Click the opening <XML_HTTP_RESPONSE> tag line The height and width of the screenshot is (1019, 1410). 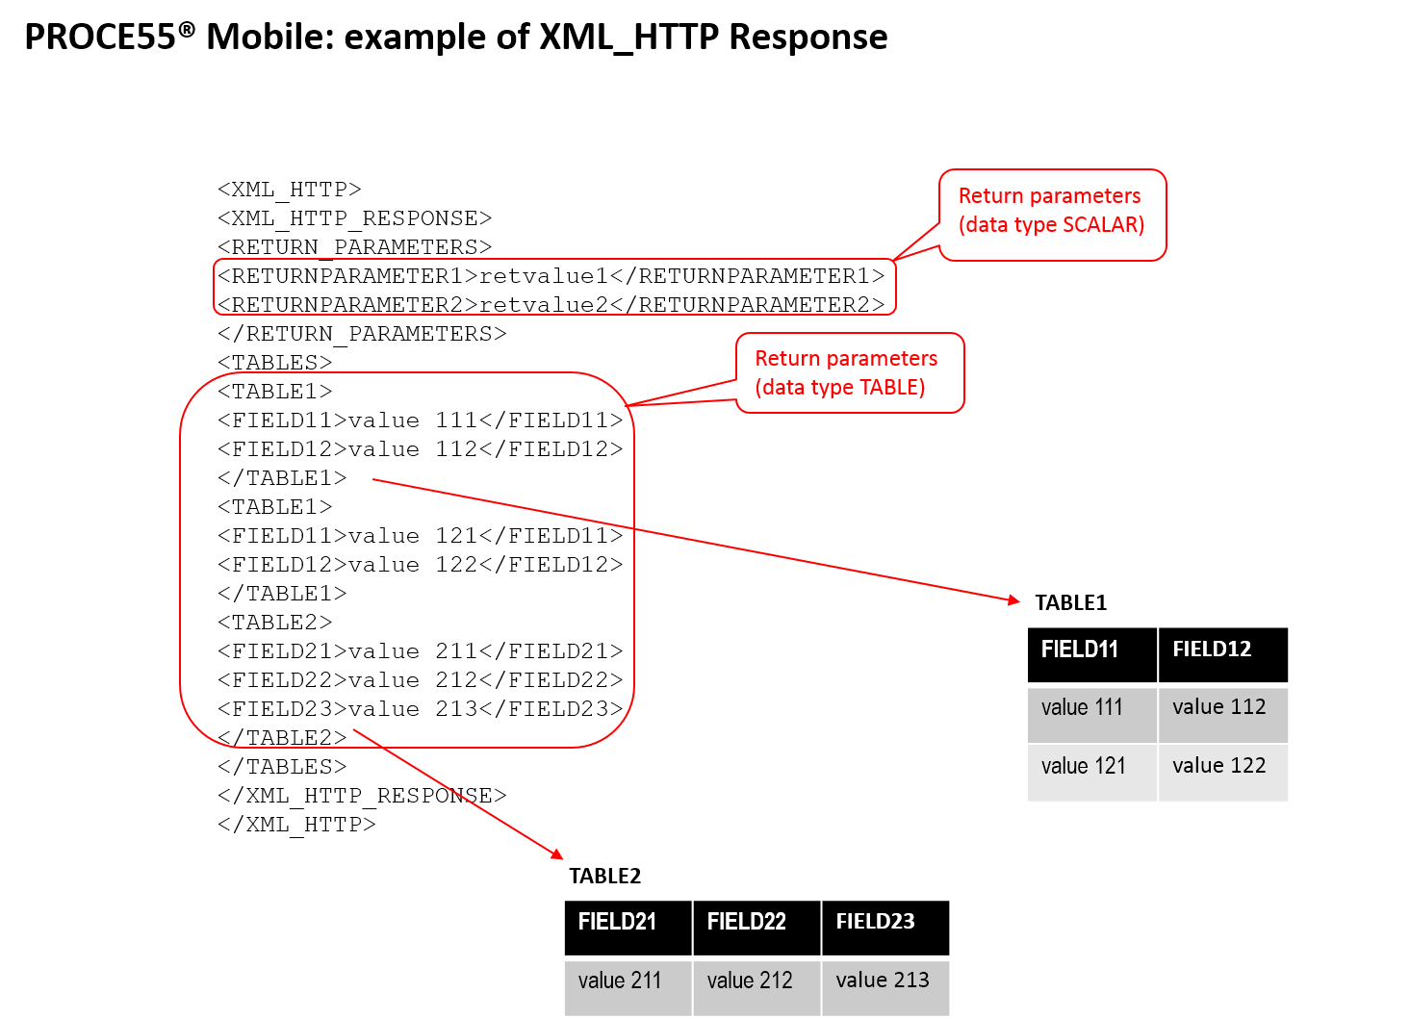[354, 218]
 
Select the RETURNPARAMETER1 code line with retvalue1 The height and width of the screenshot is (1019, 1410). [551, 276]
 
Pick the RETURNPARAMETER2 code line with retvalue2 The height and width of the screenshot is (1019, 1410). [551, 305]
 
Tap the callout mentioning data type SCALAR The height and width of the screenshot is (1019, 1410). [1053, 215]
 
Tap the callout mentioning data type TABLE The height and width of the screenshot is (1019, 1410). [850, 373]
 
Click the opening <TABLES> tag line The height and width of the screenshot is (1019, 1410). [274, 363]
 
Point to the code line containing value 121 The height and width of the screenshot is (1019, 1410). [420, 536]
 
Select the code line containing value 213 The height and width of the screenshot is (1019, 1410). [420, 709]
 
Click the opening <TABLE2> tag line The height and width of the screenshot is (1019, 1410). [274, 623]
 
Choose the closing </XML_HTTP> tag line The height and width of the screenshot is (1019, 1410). [296, 826]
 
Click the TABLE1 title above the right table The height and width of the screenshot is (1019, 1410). [1070, 603]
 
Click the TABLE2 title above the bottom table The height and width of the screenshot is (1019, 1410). [605, 877]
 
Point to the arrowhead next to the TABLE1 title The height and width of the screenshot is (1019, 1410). [1013, 600]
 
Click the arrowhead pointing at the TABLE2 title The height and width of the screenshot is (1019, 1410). [557, 854]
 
